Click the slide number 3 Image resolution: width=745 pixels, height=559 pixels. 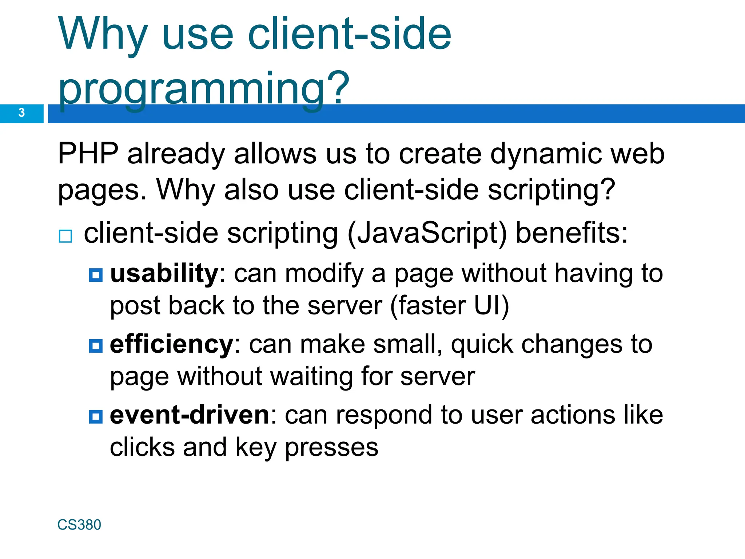[x=21, y=112]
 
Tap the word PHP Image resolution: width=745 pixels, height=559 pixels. [x=88, y=154]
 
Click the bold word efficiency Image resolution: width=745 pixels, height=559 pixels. [x=171, y=344]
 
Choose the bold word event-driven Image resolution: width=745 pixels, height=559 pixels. [x=190, y=415]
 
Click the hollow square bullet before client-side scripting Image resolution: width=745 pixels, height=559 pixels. [x=65, y=236]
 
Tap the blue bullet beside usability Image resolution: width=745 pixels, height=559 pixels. [x=96, y=275]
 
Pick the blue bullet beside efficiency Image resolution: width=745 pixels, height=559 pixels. [x=96, y=346]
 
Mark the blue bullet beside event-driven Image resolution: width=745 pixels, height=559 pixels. [x=96, y=416]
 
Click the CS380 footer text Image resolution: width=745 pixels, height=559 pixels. [x=79, y=525]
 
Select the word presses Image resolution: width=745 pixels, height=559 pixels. [x=331, y=448]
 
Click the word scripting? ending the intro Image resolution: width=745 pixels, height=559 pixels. [x=551, y=190]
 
